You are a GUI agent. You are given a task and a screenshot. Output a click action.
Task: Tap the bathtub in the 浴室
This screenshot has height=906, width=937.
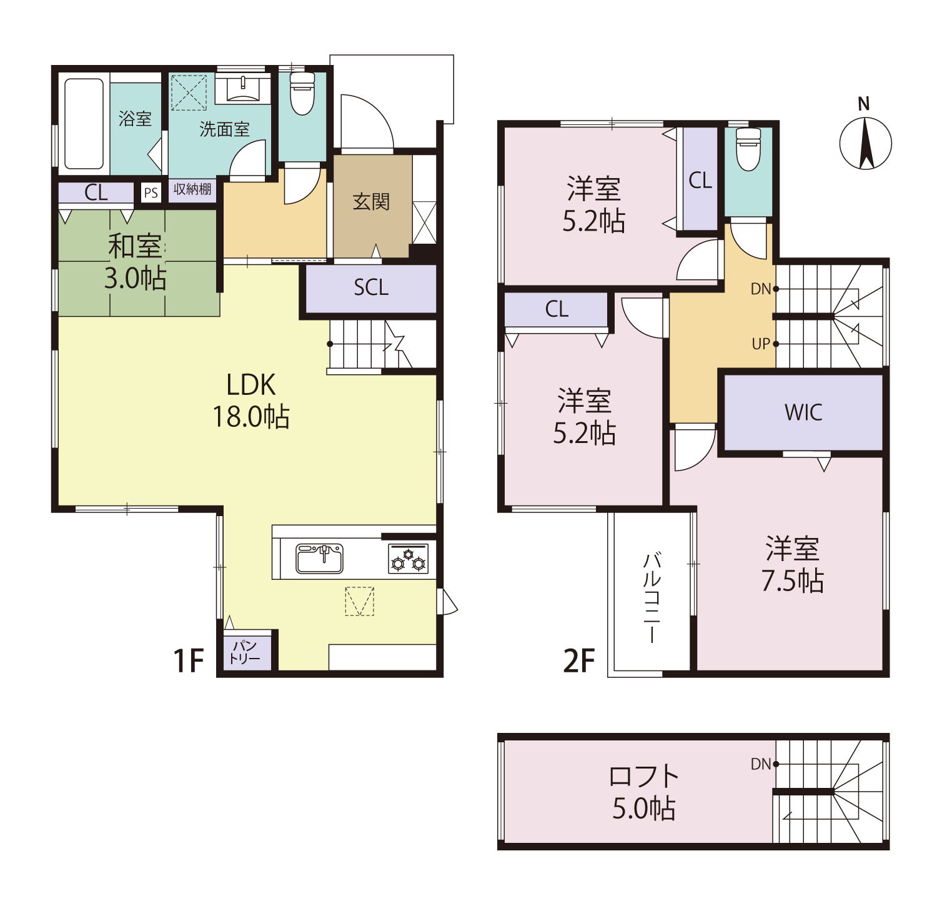pyautogui.click(x=84, y=124)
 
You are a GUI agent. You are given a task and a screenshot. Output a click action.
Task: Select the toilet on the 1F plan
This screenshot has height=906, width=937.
pyautogui.click(x=302, y=93)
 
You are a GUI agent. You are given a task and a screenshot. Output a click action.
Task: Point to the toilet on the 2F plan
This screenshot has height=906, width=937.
pyautogui.click(x=748, y=149)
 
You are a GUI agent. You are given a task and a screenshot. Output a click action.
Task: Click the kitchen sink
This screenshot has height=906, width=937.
pyautogui.click(x=319, y=558)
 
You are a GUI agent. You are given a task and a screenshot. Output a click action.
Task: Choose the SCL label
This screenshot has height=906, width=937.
pyautogui.click(x=371, y=287)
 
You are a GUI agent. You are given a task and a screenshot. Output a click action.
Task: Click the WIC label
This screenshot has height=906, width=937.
pyautogui.click(x=803, y=412)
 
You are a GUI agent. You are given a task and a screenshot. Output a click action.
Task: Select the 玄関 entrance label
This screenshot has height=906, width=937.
pyautogui.click(x=372, y=201)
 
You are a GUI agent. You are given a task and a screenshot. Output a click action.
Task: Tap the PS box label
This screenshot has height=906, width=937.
pyautogui.click(x=151, y=192)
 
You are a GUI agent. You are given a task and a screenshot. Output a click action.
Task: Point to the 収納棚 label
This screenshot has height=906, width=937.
pyautogui.click(x=192, y=189)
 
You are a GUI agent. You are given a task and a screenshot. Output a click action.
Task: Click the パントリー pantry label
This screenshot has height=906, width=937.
pyautogui.click(x=245, y=652)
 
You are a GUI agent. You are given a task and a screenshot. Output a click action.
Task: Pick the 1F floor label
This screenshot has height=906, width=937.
pyautogui.click(x=189, y=660)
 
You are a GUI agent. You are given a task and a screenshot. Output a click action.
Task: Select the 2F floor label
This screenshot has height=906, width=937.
pyautogui.click(x=579, y=660)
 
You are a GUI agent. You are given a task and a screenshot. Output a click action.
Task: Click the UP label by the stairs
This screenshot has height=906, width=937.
pyautogui.click(x=761, y=344)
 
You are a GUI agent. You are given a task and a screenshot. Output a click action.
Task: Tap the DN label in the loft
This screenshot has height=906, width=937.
pyautogui.click(x=761, y=764)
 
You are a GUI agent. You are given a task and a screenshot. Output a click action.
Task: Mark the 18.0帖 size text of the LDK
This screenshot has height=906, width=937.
pyautogui.click(x=251, y=416)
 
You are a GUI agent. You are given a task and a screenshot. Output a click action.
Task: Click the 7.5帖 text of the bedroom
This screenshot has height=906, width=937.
pyautogui.click(x=792, y=581)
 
